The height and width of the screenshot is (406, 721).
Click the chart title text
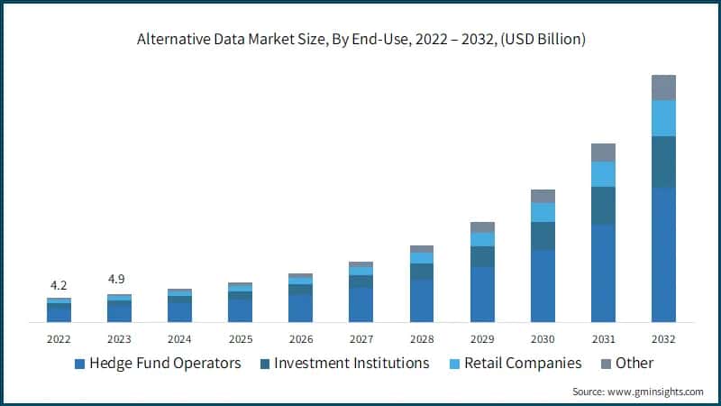(360, 39)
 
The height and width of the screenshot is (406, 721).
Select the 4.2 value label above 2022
(59, 285)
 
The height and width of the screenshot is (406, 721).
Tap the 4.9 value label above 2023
(119, 279)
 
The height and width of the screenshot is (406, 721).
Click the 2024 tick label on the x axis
(179, 339)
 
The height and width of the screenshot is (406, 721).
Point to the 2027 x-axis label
(360, 339)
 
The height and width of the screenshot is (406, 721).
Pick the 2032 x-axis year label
(663, 339)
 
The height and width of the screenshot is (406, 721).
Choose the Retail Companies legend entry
(515, 364)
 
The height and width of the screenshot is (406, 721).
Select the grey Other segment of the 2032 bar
(663, 88)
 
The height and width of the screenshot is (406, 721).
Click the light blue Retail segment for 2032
(663, 118)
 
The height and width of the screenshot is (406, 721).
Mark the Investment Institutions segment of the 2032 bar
(663, 162)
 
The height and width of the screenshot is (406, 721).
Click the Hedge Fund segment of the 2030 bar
(543, 286)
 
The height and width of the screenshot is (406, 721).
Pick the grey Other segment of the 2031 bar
(603, 152)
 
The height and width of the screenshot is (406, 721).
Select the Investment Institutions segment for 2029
(482, 256)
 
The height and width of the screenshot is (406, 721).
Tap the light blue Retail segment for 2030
(543, 212)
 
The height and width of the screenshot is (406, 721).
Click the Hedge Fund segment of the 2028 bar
(422, 300)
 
